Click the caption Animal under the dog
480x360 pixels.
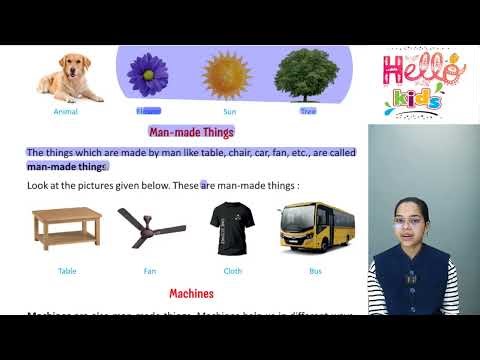pos(66,112)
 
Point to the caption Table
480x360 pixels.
pos(67,270)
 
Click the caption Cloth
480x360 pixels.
pos(232,270)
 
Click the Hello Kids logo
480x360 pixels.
pos(423,82)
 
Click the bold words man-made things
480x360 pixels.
pos(67,166)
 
